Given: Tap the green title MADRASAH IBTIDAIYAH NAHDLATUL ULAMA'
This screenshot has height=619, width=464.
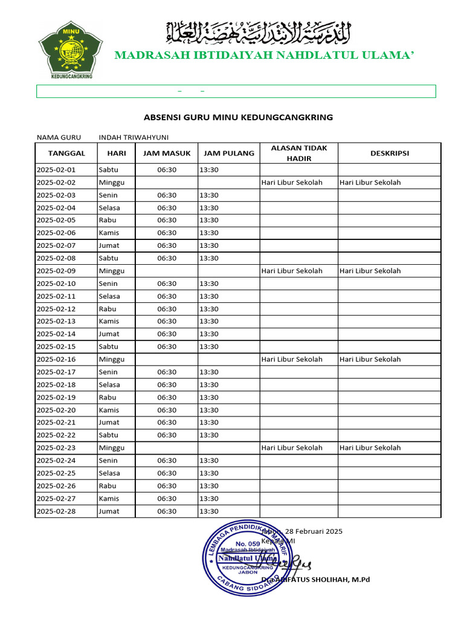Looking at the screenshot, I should pyautogui.click(x=264, y=56).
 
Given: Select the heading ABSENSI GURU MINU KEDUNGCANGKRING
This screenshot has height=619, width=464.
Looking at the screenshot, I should pyautogui.click(x=238, y=117).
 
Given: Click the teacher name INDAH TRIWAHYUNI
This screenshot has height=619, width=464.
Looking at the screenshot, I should pyautogui.click(x=134, y=137).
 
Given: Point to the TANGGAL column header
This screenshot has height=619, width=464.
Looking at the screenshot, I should pyautogui.click(x=66, y=154).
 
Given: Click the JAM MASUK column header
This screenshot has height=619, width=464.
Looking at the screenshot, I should pyautogui.click(x=167, y=154).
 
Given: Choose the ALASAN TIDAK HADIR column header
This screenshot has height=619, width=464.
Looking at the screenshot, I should pyautogui.click(x=298, y=154).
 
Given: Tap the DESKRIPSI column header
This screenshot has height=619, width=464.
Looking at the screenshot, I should pyautogui.click(x=389, y=154).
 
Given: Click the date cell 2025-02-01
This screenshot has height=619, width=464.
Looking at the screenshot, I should pyautogui.click(x=56, y=170).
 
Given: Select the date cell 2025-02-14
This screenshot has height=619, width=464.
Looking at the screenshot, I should pyautogui.click(x=56, y=334).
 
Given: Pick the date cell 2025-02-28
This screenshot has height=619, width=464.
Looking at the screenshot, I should pyautogui.click(x=56, y=511).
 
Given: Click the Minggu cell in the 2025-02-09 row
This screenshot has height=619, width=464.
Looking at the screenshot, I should pyautogui.click(x=112, y=271).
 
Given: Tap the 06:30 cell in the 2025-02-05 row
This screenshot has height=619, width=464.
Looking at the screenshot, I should pyautogui.click(x=167, y=220).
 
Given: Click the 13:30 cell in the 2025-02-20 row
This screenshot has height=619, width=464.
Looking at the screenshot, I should pyautogui.click(x=209, y=410).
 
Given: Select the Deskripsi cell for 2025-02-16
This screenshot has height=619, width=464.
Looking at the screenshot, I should pyautogui.click(x=370, y=359).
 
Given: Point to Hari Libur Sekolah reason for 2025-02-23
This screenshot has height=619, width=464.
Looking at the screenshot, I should pyautogui.click(x=292, y=448).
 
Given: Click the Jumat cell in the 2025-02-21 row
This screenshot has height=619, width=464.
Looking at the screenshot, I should pyautogui.click(x=109, y=423).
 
